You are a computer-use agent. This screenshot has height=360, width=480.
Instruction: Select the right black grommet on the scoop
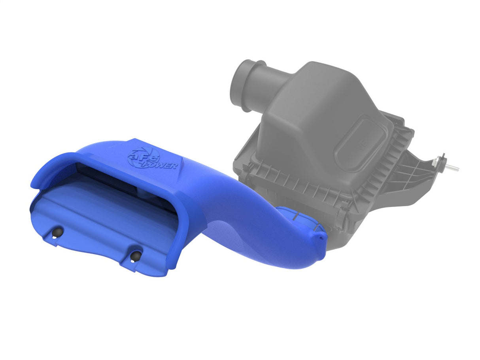click(136, 255)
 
